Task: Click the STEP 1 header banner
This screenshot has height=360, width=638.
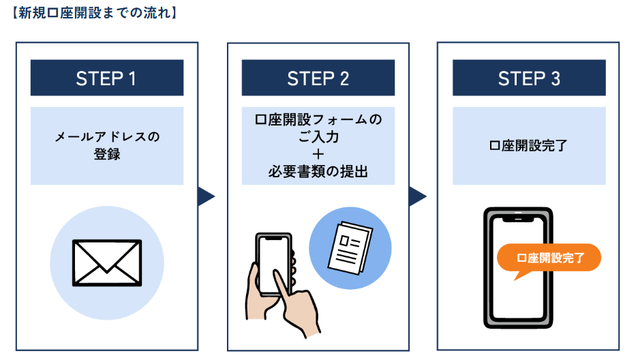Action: [106, 78]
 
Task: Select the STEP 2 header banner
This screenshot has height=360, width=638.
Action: [318, 78]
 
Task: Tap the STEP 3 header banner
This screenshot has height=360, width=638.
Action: [529, 78]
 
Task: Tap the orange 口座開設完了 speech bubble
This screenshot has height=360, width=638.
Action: [549, 258]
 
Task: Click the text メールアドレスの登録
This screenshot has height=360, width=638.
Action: [107, 145]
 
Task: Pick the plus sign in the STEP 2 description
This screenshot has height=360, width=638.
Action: [318, 155]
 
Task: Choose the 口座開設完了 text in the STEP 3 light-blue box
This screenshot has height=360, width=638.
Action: [529, 145]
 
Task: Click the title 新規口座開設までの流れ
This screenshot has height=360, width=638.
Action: [95, 12]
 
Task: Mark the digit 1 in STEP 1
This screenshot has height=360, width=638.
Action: [131, 78]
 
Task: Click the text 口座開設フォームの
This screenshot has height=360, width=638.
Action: [318, 119]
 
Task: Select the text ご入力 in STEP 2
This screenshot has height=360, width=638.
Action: [318, 137]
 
